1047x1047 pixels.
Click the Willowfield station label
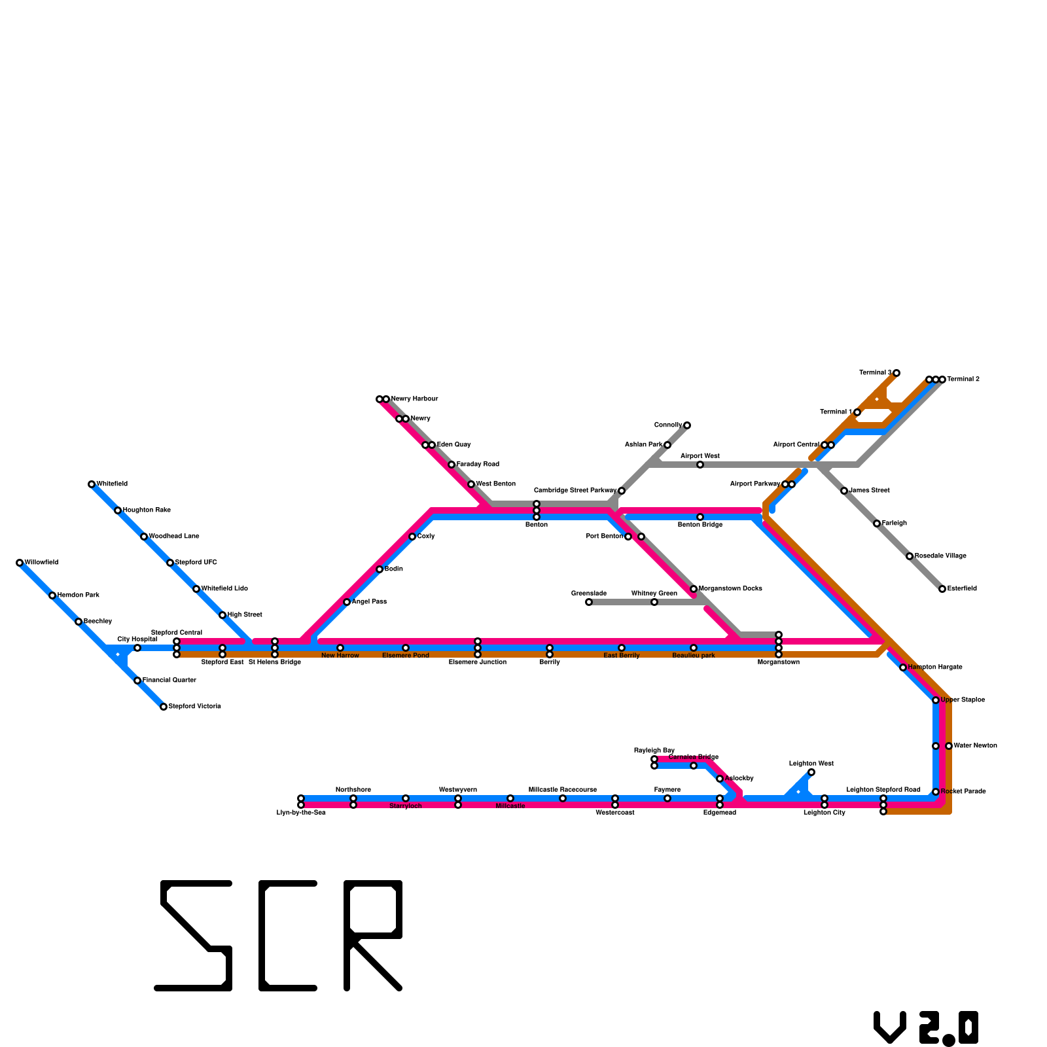pos(41,563)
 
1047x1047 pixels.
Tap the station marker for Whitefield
pos(92,484)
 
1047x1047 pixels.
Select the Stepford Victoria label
pos(194,707)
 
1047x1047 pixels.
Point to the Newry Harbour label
pos(414,399)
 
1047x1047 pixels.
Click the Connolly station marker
pos(687,425)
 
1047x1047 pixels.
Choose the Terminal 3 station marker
pos(896,373)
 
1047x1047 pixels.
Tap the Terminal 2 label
pos(963,380)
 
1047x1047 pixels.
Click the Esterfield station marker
pos(942,589)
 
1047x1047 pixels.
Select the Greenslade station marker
pos(589,602)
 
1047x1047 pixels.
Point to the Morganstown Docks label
pos(730,589)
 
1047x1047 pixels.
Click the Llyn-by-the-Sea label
pos(301,813)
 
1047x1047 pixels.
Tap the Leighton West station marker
pos(811,772)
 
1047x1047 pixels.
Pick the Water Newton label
pos(975,746)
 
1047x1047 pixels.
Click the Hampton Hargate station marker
pos(903,667)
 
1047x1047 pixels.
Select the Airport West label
pos(700,456)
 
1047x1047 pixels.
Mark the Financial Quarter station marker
pos(137,681)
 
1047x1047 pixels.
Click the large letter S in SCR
pos(194,936)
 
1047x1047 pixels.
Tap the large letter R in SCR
pos(373,936)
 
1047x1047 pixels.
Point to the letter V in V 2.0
pos(890,1027)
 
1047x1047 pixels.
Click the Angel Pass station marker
pos(347,602)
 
